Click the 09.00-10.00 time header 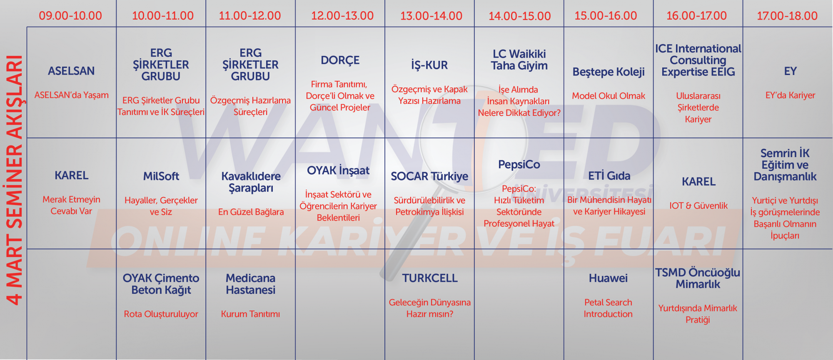(70, 16)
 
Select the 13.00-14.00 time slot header (431, 16)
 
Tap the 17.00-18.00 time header (787, 16)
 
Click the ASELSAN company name (71, 71)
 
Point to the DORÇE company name (340, 60)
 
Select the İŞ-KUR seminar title (429, 65)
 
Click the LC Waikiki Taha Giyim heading (519, 60)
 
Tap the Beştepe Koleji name (609, 72)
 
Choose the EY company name (790, 71)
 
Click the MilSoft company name (161, 176)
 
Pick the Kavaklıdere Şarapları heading (251, 182)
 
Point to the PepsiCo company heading (519, 165)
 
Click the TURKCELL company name (430, 278)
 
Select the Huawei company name (608, 278)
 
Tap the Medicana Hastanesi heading (251, 284)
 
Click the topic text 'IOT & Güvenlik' (698, 205)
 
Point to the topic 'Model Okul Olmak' (609, 96)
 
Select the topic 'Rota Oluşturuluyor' (161, 314)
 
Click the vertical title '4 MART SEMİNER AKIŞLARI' (15, 180)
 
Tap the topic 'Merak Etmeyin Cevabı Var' (71, 205)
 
